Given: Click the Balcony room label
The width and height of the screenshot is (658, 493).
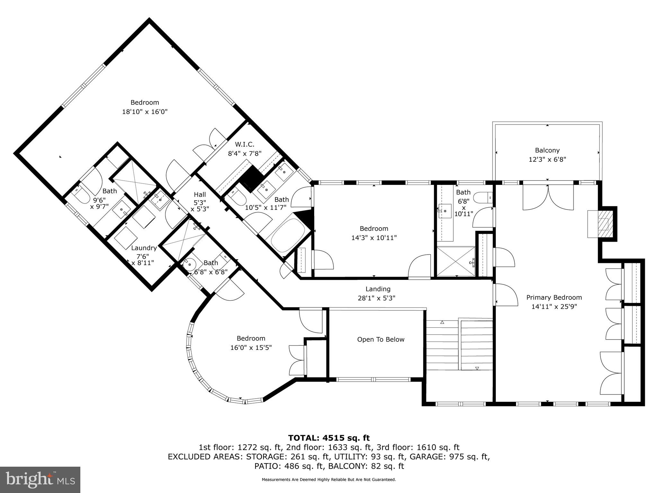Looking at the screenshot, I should (547, 150).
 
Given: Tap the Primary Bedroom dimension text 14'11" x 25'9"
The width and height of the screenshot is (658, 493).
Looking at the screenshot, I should (554, 307).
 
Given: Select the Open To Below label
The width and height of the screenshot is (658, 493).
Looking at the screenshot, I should (381, 339).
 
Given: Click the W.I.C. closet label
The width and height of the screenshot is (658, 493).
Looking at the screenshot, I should (245, 144).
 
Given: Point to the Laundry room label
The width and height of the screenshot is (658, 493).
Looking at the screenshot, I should (144, 248).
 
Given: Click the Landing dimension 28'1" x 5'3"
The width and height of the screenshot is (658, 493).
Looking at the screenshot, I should (377, 298).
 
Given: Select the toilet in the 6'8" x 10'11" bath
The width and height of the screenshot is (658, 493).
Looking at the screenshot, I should (483, 197).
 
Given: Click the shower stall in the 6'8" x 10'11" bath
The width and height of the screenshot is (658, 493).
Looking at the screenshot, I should (456, 261).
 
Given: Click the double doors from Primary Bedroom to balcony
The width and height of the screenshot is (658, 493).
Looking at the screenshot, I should (548, 196).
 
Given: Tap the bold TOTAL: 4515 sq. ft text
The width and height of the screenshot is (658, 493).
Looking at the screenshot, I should (329, 438).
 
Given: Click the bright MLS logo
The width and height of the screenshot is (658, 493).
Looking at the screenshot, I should (40, 480).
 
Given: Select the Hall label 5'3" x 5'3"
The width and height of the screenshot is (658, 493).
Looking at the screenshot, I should (200, 202).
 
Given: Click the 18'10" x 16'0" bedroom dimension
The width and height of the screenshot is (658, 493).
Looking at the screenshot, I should (145, 112).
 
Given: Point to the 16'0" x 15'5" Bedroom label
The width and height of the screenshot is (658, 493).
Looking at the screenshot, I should (251, 338).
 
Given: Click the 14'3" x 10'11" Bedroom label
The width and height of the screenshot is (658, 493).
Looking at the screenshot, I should (374, 229).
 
